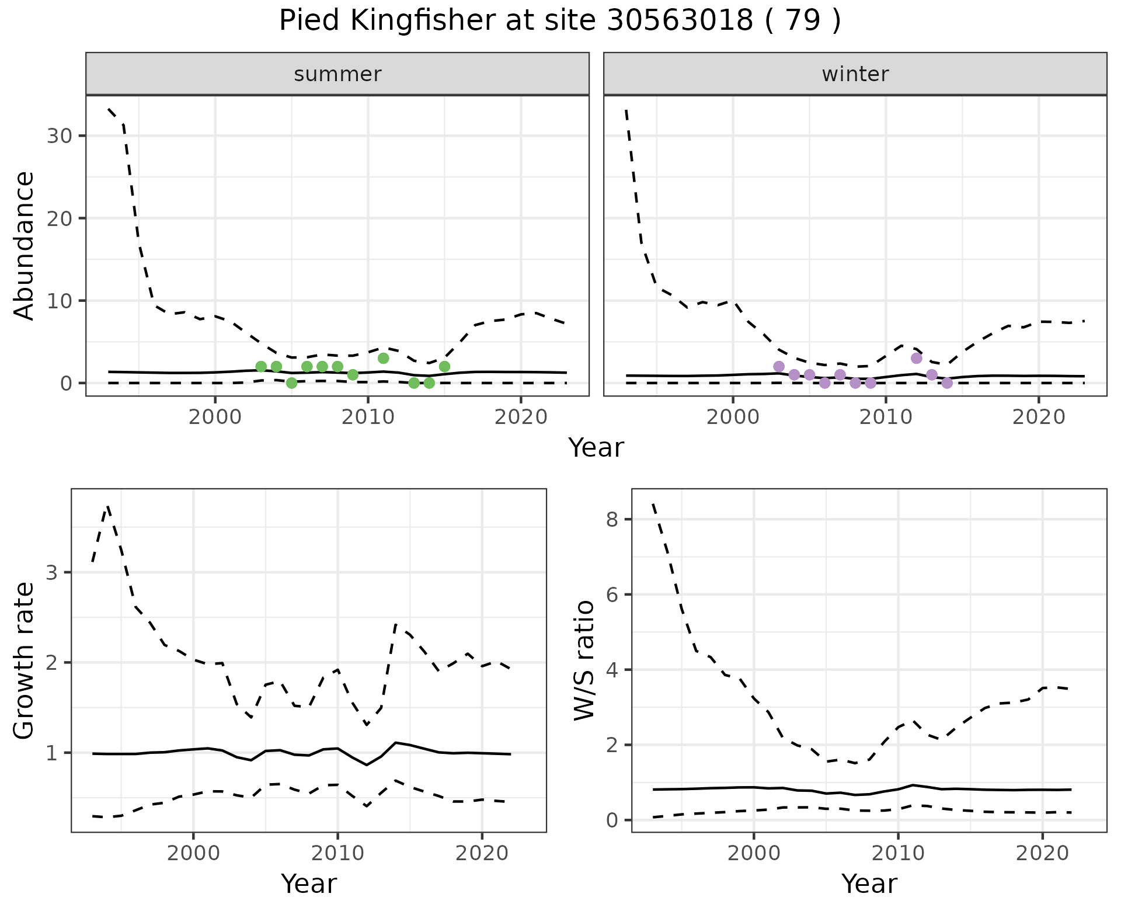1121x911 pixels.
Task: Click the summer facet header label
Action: pyautogui.click(x=337, y=74)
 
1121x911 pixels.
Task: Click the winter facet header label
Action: pyautogui.click(x=855, y=74)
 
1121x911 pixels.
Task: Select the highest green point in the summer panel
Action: pyautogui.click(x=383, y=358)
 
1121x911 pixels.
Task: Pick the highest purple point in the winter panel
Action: pyautogui.click(x=916, y=358)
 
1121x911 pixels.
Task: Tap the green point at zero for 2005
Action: pyautogui.click(x=291, y=383)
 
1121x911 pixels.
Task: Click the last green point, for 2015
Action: pyautogui.click(x=444, y=367)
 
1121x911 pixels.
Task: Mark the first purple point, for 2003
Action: pyautogui.click(x=778, y=367)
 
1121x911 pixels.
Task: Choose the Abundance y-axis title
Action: pyautogui.click(x=25, y=245)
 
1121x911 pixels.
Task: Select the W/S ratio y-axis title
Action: pyautogui.click(x=584, y=660)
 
